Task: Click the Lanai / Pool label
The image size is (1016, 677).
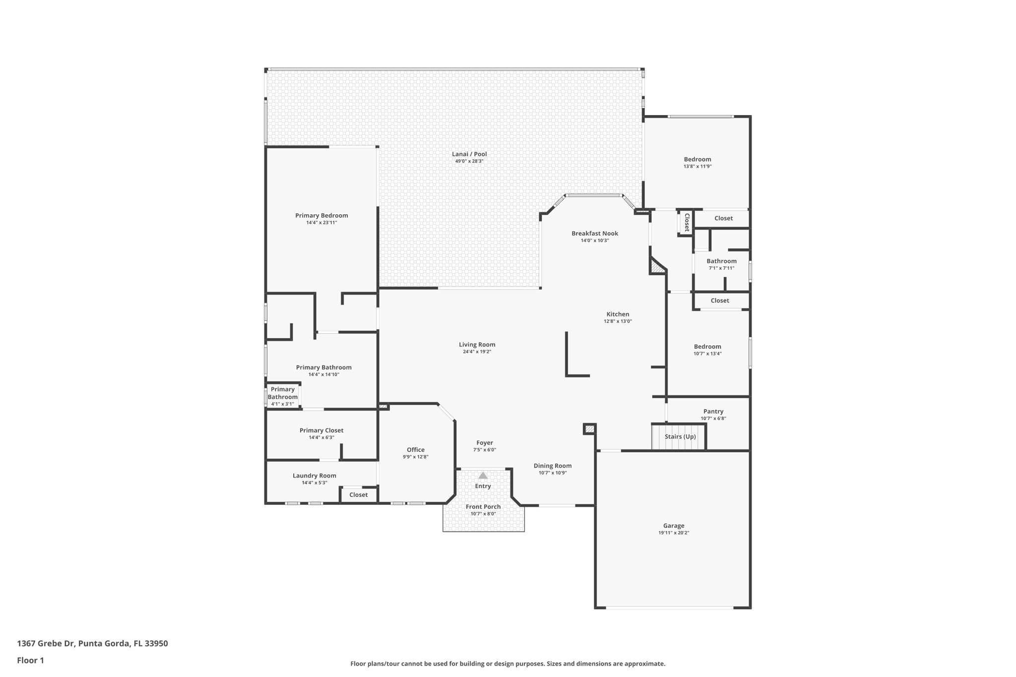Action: (469, 154)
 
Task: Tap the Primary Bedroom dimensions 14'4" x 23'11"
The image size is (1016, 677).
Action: (321, 223)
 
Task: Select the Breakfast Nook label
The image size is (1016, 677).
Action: (594, 234)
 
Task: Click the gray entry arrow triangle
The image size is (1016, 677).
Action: (483, 476)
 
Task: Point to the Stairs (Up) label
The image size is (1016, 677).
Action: (680, 437)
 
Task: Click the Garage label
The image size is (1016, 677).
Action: (673, 526)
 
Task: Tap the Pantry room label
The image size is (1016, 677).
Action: (713, 412)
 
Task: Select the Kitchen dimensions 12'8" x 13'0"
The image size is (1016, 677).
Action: (618, 321)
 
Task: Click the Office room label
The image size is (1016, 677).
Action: (415, 450)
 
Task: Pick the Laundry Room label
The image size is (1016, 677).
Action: (314, 476)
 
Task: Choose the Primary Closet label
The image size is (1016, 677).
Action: (321, 431)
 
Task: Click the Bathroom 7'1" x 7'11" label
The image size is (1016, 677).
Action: (721, 261)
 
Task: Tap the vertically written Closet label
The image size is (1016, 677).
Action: (687, 222)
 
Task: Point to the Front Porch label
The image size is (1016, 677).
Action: (483, 507)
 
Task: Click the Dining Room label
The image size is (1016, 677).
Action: (552, 466)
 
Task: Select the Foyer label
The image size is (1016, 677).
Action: (484, 443)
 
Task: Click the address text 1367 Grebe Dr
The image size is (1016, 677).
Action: (46, 644)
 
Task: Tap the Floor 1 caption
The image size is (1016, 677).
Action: (30, 661)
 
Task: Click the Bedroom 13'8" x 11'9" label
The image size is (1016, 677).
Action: (697, 160)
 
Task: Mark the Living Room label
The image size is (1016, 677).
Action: (477, 345)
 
